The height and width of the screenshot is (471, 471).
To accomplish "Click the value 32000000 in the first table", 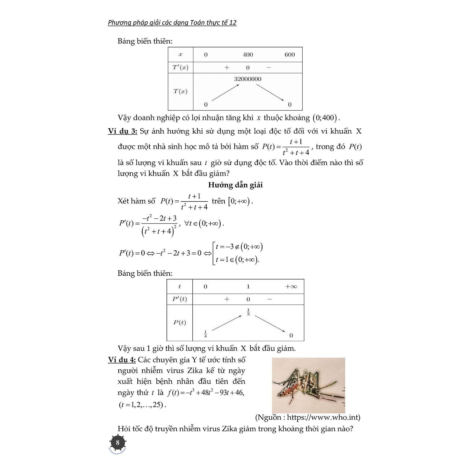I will [x=248, y=79].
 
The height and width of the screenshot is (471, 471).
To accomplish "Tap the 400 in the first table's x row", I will [x=248, y=55].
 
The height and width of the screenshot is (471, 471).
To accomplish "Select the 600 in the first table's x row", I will [x=289, y=55].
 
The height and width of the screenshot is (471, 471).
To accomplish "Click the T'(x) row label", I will [x=180, y=68].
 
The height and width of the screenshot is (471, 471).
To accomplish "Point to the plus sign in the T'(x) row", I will [x=227, y=68].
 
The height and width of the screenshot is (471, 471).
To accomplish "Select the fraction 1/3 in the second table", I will [x=248, y=312].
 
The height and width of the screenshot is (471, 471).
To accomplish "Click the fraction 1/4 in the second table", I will [x=205, y=334].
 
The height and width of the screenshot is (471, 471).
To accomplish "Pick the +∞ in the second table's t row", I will [x=291, y=287].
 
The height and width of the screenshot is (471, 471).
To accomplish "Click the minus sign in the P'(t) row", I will [x=270, y=299].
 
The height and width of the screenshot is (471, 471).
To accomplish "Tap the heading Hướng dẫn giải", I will [x=235, y=185].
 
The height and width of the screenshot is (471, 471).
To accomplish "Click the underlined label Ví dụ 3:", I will [x=122, y=131].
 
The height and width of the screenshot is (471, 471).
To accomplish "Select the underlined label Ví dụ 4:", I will [x=122, y=360].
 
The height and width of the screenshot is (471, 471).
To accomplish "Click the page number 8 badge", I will [x=117, y=442].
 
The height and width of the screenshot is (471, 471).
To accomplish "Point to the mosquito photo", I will [x=308, y=385].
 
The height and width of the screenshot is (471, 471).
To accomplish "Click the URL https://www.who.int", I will [x=323, y=417].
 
